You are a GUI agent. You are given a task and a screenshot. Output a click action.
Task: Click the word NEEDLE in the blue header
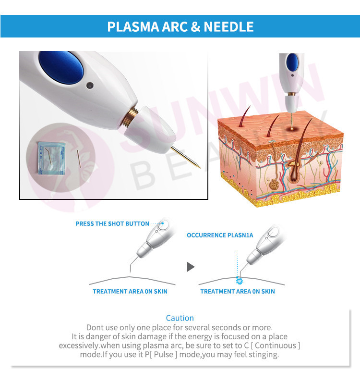click(228, 26)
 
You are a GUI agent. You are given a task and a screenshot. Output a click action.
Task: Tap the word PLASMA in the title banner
click(133, 26)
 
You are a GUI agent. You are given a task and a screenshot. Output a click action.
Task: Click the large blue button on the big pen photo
click(61, 67)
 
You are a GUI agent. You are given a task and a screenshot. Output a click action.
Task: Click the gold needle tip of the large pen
click(200, 168)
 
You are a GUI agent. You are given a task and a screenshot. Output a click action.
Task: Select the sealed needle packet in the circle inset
click(52, 159)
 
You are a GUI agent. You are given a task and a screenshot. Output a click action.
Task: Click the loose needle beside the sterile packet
click(79, 159)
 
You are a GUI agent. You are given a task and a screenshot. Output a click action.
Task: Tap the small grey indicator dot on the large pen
click(90, 86)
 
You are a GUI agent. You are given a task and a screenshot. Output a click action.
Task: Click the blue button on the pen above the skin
click(292, 62)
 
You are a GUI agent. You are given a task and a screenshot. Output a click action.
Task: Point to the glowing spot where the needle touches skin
click(292, 128)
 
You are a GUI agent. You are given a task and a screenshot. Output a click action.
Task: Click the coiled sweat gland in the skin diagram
click(275, 185)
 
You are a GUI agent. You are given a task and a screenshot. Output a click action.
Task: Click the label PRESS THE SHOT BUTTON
click(112, 223)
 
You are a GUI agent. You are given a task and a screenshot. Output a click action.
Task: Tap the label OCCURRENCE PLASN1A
click(220, 235)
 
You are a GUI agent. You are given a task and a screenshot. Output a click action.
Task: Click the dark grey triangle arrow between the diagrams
click(191, 267)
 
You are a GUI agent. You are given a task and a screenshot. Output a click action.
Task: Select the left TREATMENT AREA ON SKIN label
click(130, 291)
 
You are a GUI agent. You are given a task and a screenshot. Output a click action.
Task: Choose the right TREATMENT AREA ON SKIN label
click(238, 291)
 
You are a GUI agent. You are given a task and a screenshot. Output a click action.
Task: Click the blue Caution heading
click(180, 318)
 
